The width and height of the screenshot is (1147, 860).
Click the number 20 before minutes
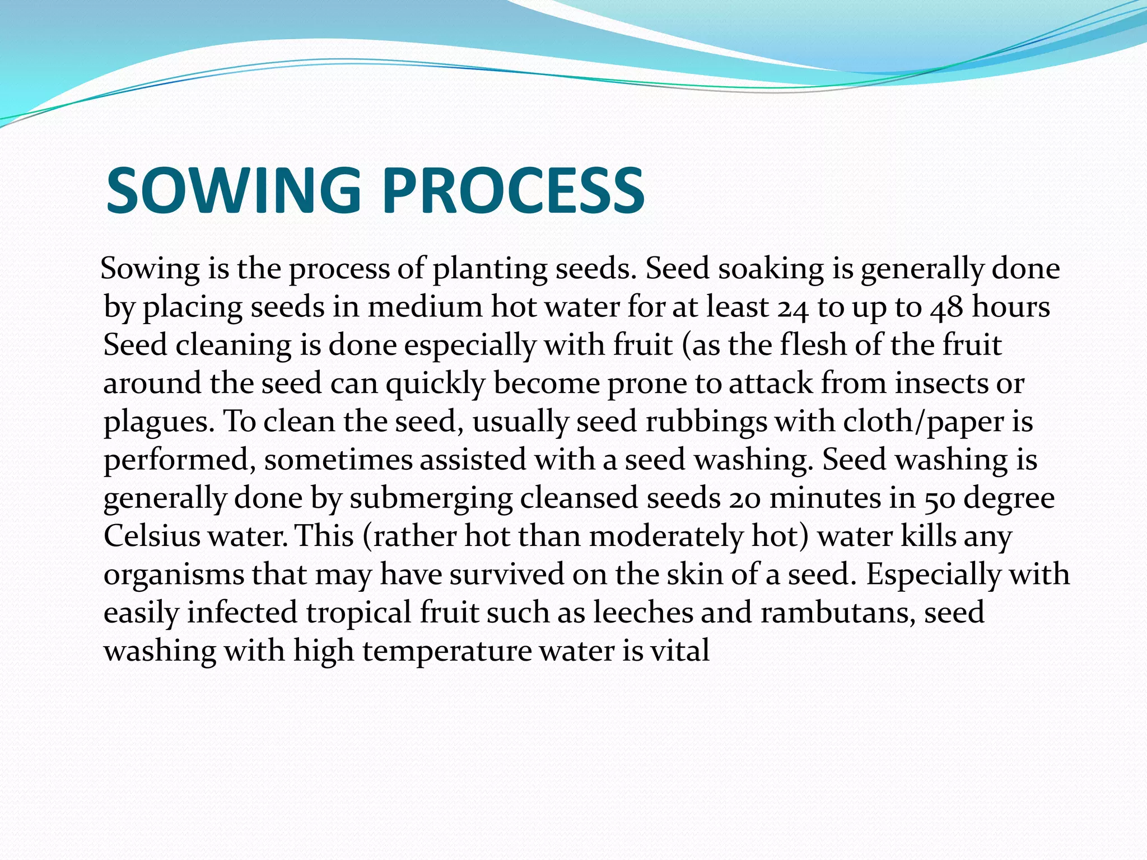[744, 498]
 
